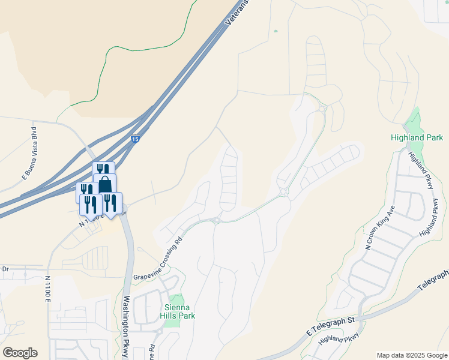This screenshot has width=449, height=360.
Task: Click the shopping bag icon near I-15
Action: coord(105,183)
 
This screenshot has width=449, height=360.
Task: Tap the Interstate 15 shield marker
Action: coord(136,139)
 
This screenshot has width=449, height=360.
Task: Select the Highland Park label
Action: coord(416,138)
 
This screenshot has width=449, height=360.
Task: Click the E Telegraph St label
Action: coord(331,326)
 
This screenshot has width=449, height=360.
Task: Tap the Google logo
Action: coord(19,353)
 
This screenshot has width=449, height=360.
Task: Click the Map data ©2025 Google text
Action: coord(411,355)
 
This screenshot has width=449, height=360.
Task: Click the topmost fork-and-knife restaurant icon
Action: coord(103,170)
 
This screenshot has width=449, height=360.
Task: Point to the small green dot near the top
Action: coord(276,31)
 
